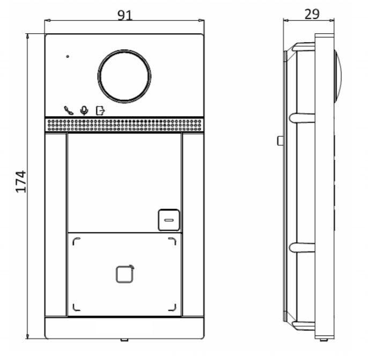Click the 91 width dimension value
125,15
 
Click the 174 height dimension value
20,182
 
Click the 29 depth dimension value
312,14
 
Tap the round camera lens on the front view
124,76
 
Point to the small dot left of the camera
68,56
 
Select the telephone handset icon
69,110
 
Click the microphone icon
84,110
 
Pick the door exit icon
100,110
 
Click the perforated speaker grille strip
124,125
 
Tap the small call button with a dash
169,220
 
